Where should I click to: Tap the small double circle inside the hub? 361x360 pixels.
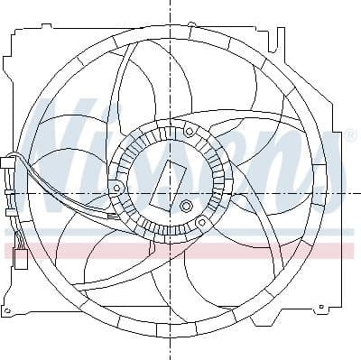[x=187, y=208]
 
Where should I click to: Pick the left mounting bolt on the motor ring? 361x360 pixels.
[x=117, y=187]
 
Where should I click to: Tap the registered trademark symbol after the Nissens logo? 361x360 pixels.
[x=349, y=135]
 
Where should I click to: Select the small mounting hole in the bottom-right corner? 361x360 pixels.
[x=319, y=309]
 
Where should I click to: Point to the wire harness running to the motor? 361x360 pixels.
[x=63, y=194]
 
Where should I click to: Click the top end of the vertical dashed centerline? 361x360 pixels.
[x=170, y=4]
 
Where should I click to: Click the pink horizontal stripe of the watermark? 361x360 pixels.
[x=180, y=250]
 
